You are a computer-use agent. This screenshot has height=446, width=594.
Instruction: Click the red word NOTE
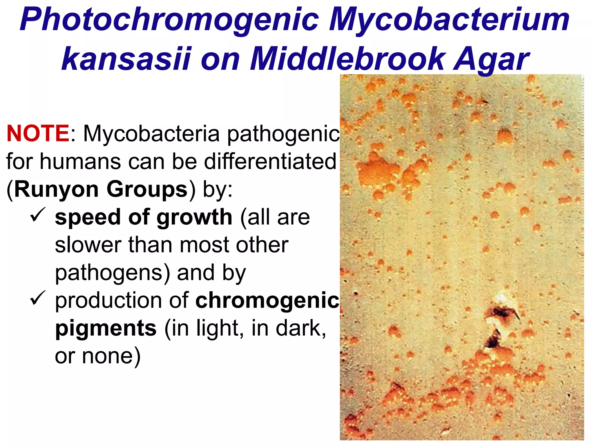tap(38, 133)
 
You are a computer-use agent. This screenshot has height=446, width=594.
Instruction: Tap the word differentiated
tap(270, 161)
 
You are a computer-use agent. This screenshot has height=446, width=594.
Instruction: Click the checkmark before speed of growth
tap(37, 215)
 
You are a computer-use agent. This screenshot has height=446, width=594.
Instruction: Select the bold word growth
tap(194, 217)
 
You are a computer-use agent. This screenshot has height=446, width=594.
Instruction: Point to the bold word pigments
tap(106, 328)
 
